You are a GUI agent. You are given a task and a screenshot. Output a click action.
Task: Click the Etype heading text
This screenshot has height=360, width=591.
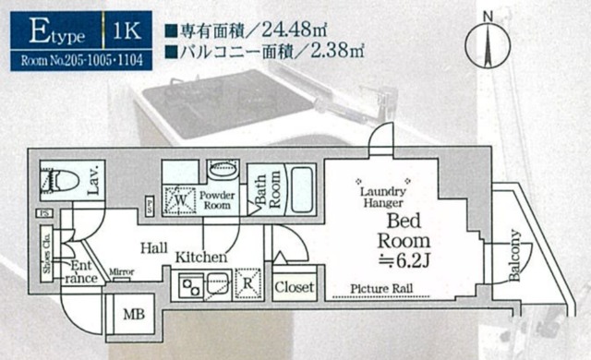tap(56, 34)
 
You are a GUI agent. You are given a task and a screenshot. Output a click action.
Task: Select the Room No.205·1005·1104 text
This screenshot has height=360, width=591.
tap(73, 62)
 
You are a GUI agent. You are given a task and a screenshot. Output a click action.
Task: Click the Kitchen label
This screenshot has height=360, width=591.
tap(202, 257)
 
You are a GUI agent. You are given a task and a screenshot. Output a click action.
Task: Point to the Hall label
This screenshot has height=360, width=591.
tap(153, 247)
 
